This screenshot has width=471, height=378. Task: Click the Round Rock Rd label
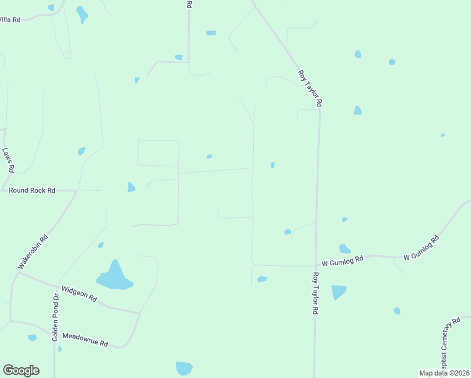(32, 190)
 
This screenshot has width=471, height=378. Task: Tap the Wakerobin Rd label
(33, 253)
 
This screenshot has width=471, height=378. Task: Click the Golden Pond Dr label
(56, 317)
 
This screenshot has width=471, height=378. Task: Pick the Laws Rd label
(8, 160)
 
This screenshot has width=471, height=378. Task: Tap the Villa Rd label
(9, 20)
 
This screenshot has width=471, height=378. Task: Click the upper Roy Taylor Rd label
(310, 88)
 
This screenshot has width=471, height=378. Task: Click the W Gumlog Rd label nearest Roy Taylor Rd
(343, 260)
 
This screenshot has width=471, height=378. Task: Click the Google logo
(21, 370)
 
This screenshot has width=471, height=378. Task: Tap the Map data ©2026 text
(444, 373)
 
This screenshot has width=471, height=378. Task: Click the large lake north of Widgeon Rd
(114, 277)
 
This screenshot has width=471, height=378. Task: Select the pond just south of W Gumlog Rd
(338, 292)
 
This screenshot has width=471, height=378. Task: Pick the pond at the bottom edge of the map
(184, 368)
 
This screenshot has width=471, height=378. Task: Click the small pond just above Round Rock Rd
(131, 187)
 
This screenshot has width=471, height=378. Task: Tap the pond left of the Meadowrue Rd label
(32, 338)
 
